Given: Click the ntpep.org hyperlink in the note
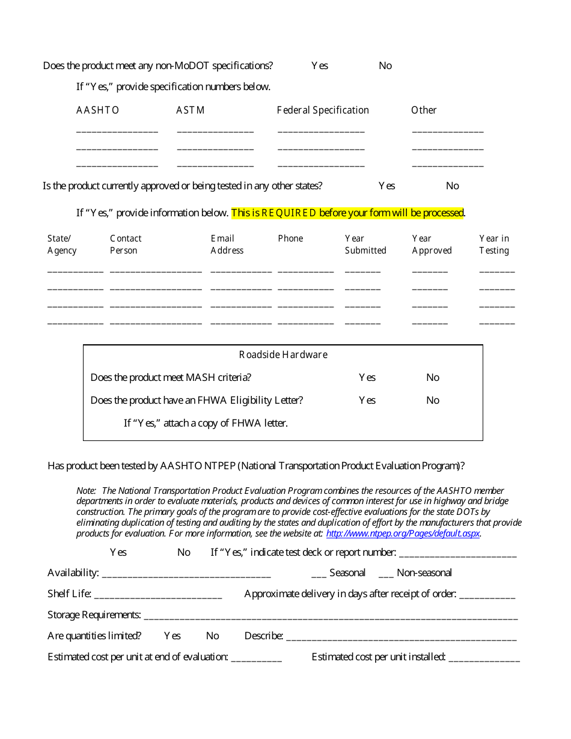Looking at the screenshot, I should pyautogui.click(x=403, y=533).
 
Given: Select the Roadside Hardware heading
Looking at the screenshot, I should pyautogui.click(x=283, y=354).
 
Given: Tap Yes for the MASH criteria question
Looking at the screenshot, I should pyautogui.click(x=367, y=377).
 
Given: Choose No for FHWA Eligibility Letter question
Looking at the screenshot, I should pyautogui.click(x=433, y=400).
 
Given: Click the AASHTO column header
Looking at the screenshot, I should pyautogui.click(x=97, y=110).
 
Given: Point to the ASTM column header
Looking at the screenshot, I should pyautogui.click(x=190, y=110).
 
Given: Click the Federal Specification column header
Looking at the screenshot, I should pyautogui.click(x=323, y=110).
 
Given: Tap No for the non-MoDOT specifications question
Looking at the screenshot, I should pyautogui.click(x=385, y=65).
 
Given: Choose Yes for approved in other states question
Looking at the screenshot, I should pyautogui.click(x=386, y=186).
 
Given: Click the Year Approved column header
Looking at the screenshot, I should pyautogui.click(x=432, y=245).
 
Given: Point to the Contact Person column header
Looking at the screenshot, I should pyautogui.click(x=126, y=245).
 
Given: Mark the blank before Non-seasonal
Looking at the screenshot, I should pyautogui.click(x=386, y=574).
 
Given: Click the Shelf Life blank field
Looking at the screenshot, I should pyautogui.click(x=158, y=595).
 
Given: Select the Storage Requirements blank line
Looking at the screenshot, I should pyautogui.click(x=331, y=616).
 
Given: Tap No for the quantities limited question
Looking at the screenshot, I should pyautogui.click(x=212, y=636).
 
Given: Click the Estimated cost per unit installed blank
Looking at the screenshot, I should pyautogui.click(x=484, y=658).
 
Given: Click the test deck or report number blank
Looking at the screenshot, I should pyautogui.click(x=457, y=553).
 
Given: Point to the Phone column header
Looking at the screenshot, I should pyautogui.click(x=290, y=239).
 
